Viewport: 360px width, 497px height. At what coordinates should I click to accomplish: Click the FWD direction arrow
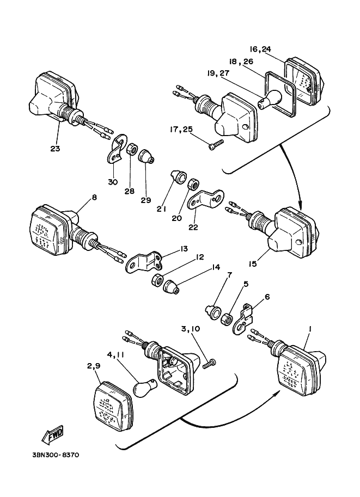pyautogui.click(x=53, y=434)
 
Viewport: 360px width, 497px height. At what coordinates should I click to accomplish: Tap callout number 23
pyautogui.click(x=55, y=148)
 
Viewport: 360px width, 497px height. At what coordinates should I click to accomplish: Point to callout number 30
pyautogui.click(x=113, y=182)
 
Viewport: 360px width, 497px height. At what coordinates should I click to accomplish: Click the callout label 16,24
pyautogui.click(x=260, y=49)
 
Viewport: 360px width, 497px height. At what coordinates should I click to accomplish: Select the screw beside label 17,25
pyautogui.click(x=216, y=144)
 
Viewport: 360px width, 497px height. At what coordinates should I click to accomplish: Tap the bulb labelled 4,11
pyautogui.click(x=146, y=388)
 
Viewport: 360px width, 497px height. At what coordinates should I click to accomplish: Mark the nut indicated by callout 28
pyautogui.click(x=131, y=150)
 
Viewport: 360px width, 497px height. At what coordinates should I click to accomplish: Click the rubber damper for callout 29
pyautogui.click(x=146, y=157)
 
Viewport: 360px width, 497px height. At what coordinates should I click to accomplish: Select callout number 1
pyautogui.click(x=310, y=329)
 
